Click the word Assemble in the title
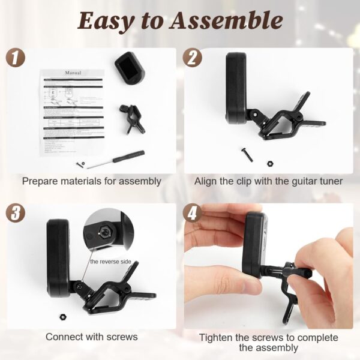[x=227, y=21]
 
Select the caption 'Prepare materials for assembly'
[x=91, y=181]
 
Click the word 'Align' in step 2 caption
[x=206, y=181]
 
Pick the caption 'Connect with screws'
[x=92, y=337]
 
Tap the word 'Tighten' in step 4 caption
[x=217, y=337]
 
